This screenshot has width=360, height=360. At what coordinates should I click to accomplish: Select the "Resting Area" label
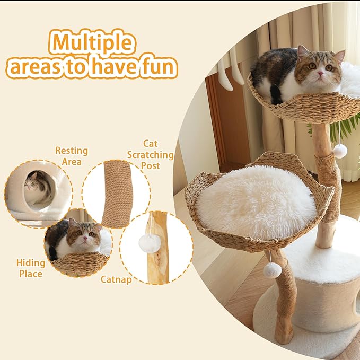pyautogui.click(x=71, y=156)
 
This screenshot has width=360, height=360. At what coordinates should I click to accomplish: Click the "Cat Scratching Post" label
pyautogui.click(x=150, y=154)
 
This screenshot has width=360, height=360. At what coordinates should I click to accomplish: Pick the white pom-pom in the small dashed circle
pyautogui.click(x=150, y=243)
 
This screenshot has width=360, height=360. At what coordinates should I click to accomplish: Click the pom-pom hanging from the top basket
pyautogui.click(x=340, y=151)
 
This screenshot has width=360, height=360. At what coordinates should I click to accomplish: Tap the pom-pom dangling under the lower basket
pyautogui.click(x=273, y=270)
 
